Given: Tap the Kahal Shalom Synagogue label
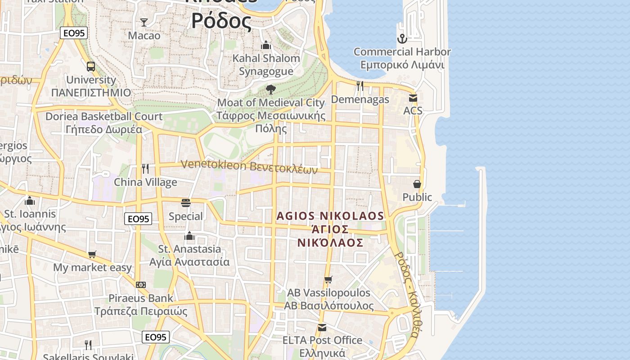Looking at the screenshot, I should (266, 64).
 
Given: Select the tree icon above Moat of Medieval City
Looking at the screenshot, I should (270, 89).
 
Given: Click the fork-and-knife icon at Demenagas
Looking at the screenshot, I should (360, 85).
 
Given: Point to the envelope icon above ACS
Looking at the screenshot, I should (413, 98).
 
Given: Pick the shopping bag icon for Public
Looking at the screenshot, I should (417, 184).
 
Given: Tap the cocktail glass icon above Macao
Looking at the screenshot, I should (144, 22).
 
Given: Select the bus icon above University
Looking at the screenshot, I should (91, 67).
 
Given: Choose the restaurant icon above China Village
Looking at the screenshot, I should (145, 169).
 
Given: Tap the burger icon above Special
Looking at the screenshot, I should (186, 202).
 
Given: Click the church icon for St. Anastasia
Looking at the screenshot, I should (189, 236).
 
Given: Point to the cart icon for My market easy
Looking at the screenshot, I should (92, 255).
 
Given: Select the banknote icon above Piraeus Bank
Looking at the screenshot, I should (141, 285).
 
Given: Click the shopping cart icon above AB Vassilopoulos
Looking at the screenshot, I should (328, 279).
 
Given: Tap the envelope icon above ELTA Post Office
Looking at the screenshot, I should (322, 327).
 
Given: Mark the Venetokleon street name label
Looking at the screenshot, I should (249, 166).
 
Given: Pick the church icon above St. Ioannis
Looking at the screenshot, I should (30, 200).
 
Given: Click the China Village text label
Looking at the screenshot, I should (145, 182).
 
